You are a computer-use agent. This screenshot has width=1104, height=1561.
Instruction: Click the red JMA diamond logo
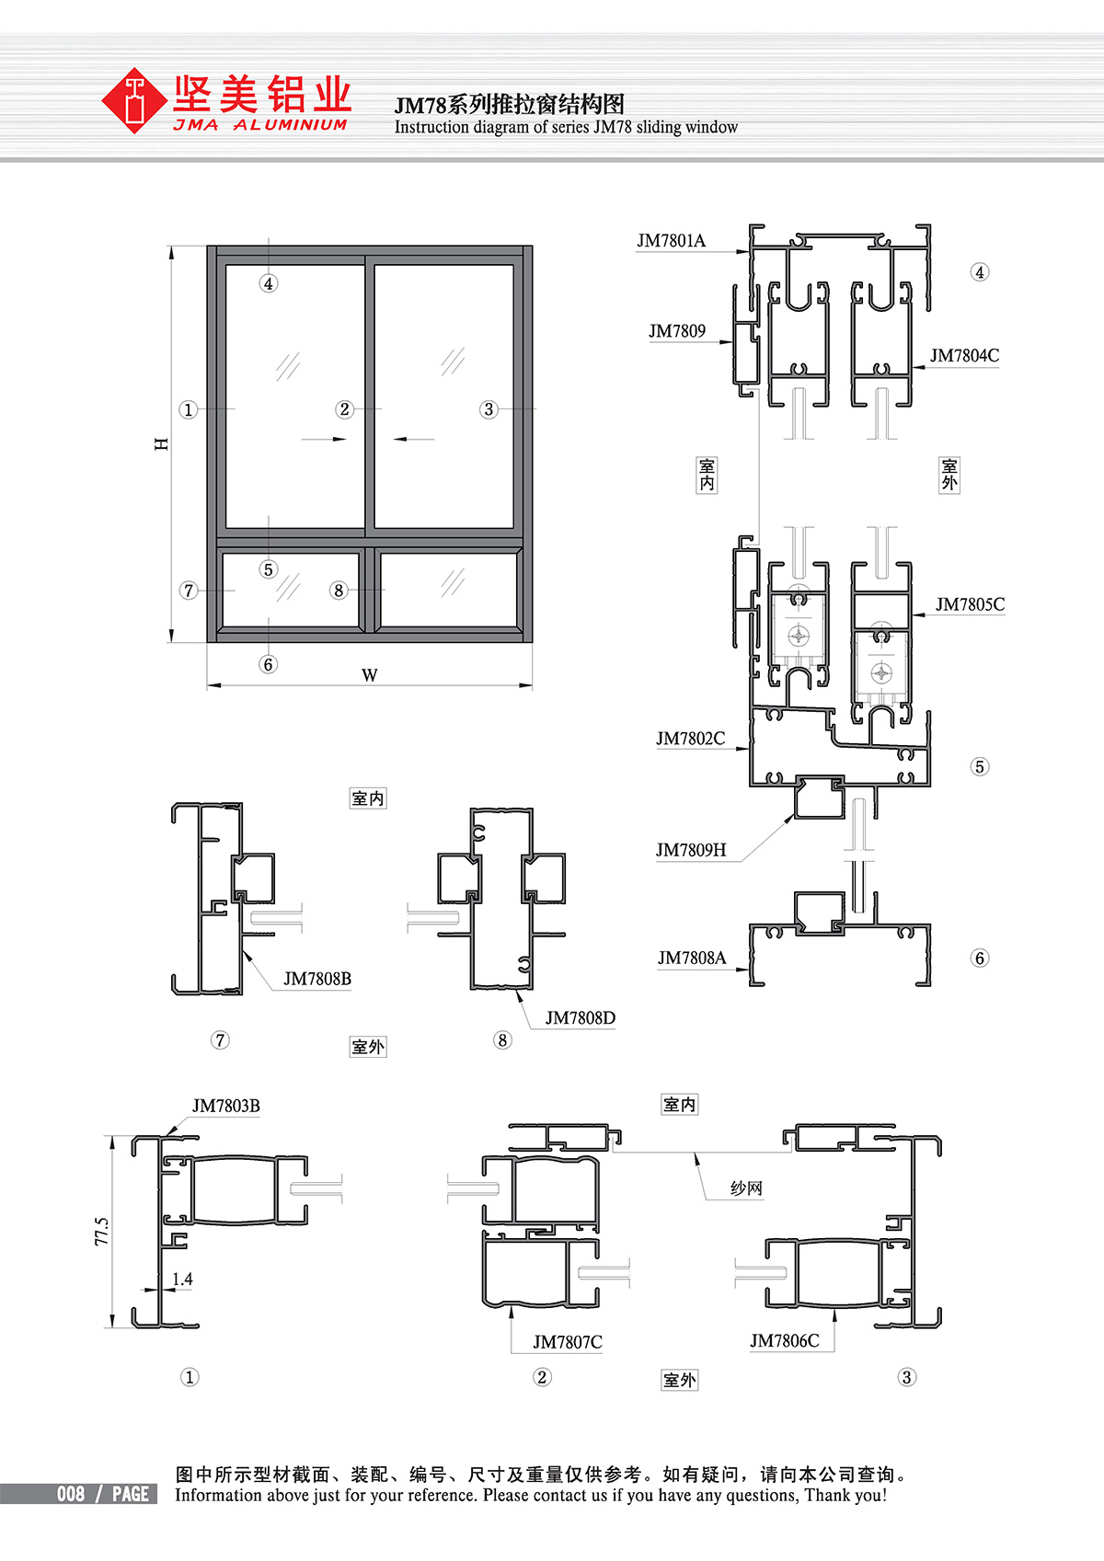point(133,100)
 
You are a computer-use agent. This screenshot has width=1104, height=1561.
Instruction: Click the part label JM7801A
point(672,241)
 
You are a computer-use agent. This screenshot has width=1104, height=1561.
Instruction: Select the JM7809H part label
point(691,850)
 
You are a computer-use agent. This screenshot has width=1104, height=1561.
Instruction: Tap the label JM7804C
point(964,355)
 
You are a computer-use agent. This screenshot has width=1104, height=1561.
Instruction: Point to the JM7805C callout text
point(971,604)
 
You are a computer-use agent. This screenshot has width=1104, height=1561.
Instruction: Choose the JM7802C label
point(691,738)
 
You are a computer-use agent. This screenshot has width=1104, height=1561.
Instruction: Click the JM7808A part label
point(692,958)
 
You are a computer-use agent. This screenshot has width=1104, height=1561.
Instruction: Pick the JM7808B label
point(317,979)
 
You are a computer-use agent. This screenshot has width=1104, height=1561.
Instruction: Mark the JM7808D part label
point(580,1018)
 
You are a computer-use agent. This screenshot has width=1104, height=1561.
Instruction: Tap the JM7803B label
point(225,1106)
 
